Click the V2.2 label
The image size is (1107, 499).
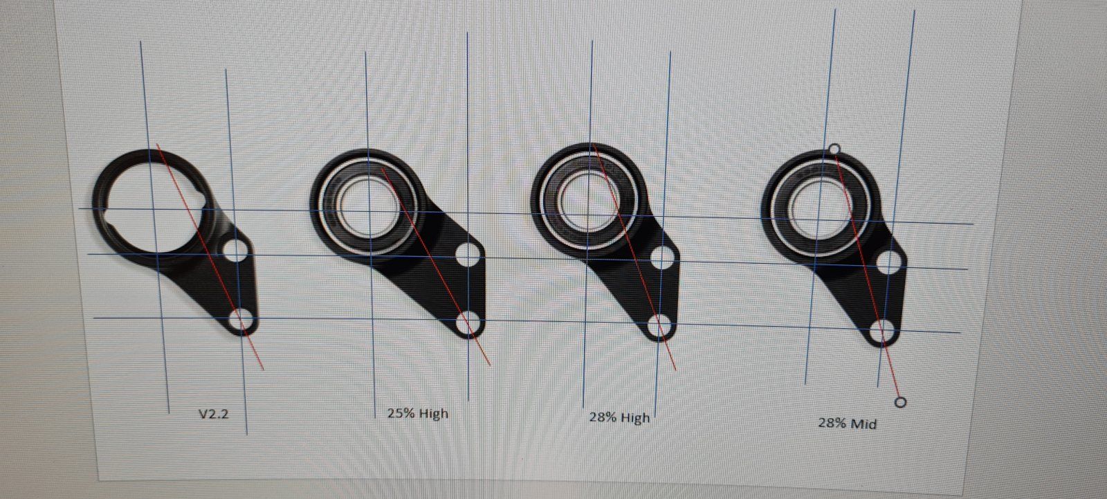[x=214, y=414]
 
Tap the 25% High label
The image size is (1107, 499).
[x=418, y=413]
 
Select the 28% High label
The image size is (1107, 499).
[x=619, y=418]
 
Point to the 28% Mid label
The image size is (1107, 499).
[x=847, y=424]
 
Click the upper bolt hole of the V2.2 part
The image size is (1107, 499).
[x=236, y=251]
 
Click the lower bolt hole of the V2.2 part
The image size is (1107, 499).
[x=243, y=320]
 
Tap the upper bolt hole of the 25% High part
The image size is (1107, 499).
[x=468, y=255]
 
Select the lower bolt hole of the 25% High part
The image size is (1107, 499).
[x=468, y=323]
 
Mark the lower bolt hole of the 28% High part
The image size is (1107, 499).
[x=659, y=326]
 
